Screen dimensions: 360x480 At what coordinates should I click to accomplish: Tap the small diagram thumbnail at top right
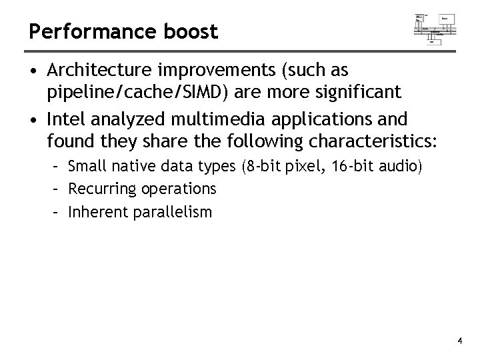pyautogui.click(x=435, y=27)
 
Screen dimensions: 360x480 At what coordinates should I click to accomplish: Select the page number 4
pyautogui.click(x=460, y=341)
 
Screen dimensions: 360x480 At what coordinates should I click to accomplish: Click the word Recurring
pyautogui.click(x=102, y=189)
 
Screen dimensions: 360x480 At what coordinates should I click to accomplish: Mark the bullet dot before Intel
pyautogui.click(x=34, y=120)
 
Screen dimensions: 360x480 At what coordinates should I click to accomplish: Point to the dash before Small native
pyautogui.click(x=57, y=166)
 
